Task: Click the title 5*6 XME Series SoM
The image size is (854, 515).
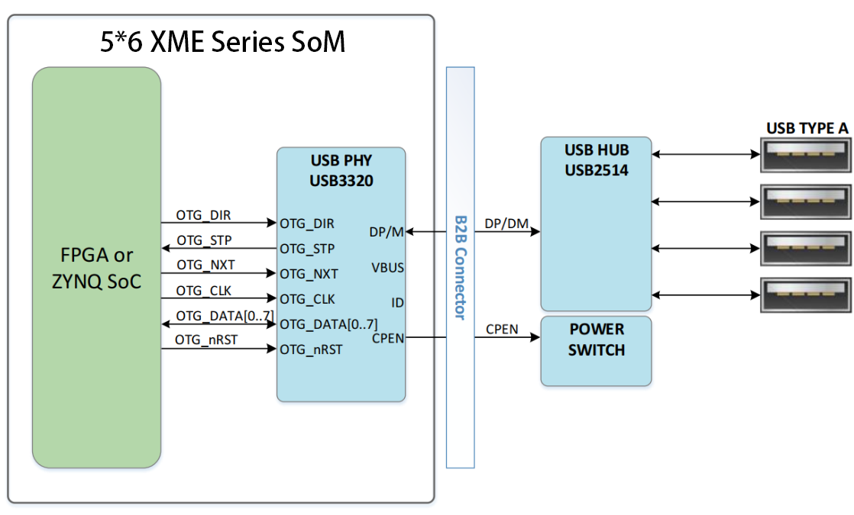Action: point(223,42)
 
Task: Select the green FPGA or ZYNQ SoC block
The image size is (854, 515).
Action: point(96,267)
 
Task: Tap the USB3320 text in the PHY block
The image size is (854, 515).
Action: point(341,181)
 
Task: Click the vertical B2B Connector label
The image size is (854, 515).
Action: point(461,268)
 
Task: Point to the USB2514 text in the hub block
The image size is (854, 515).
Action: point(597,170)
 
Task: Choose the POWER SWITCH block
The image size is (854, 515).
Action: point(596,351)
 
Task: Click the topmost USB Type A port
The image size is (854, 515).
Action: point(806,155)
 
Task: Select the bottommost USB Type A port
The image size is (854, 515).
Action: point(806,295)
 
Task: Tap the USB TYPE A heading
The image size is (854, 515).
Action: point(807,128)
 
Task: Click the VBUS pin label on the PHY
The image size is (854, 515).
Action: point(388,268)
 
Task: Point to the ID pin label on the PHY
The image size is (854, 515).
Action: point(397,303)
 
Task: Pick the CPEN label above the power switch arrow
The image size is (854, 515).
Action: point(502,330)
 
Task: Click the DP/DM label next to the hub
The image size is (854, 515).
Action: point(506,224)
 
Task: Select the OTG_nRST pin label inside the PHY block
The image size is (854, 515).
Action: point(311,349)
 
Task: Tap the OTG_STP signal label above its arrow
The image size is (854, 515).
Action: point(204,240)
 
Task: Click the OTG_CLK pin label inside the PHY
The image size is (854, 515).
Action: point(307,299)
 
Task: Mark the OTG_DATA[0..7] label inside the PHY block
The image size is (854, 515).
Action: point(328,325)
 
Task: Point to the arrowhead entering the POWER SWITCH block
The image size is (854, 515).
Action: point(535,337)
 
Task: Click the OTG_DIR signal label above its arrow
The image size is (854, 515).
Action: point(203,215)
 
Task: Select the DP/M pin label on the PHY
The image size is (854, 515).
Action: point(387,232)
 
